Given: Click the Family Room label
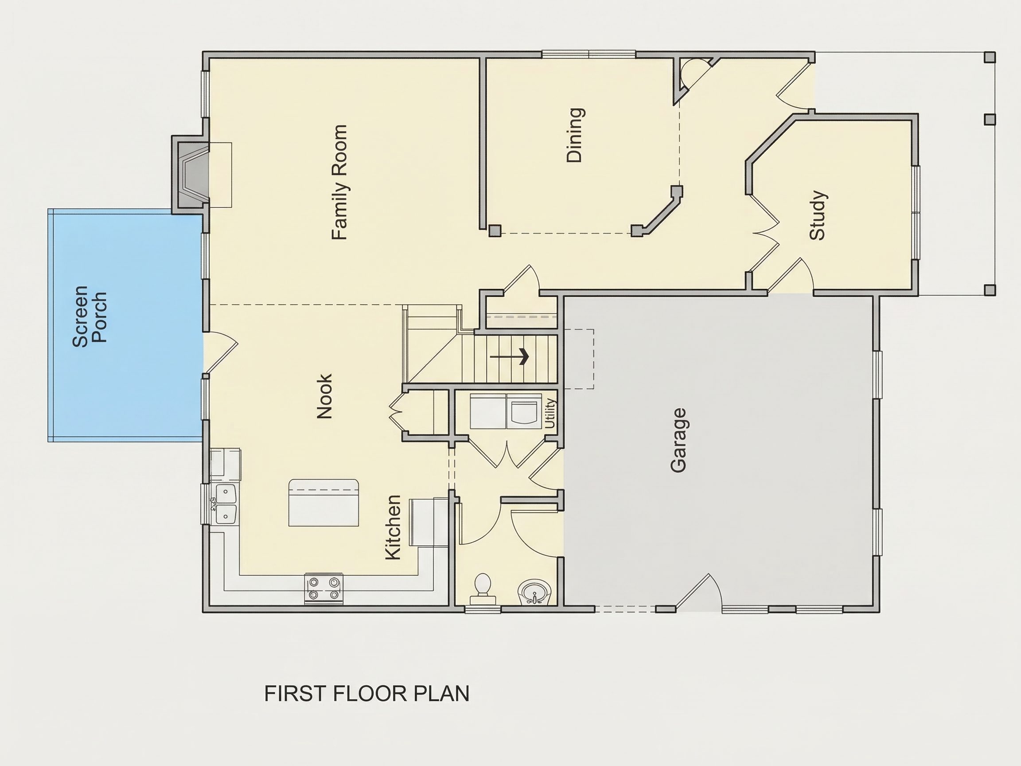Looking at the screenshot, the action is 339,182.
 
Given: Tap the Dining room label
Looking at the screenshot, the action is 575,135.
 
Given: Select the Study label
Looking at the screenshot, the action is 818,215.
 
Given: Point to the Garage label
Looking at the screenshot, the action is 678,440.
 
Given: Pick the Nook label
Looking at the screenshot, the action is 324,396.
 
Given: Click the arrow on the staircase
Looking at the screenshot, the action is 509,356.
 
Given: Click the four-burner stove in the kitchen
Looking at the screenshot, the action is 323,588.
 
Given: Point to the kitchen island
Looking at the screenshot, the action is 323,503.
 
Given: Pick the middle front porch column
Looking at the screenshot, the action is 990,120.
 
